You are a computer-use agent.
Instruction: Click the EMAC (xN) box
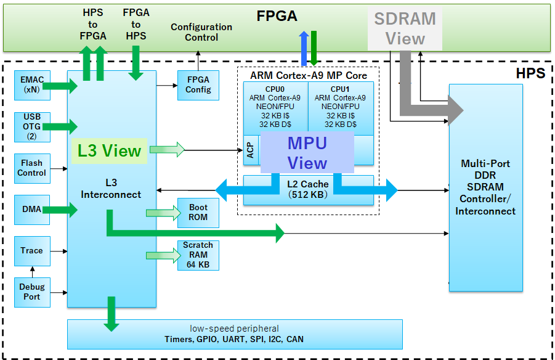pos(31,85)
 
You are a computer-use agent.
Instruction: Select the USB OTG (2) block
pos(31,126)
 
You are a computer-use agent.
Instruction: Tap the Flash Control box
pos(31,168)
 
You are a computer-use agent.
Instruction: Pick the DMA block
pos(31,210)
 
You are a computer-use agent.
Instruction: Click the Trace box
pos(31,251)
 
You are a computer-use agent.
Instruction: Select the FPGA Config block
pos(198,85)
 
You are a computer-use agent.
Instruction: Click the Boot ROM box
pos(198,213)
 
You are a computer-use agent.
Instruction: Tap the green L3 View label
pos(109,151)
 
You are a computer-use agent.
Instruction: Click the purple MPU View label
pos(307,152)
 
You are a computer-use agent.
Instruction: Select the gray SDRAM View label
pos(405,28)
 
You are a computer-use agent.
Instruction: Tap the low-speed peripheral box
pos(234,333)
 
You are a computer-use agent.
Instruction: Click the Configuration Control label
pos(201,32)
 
